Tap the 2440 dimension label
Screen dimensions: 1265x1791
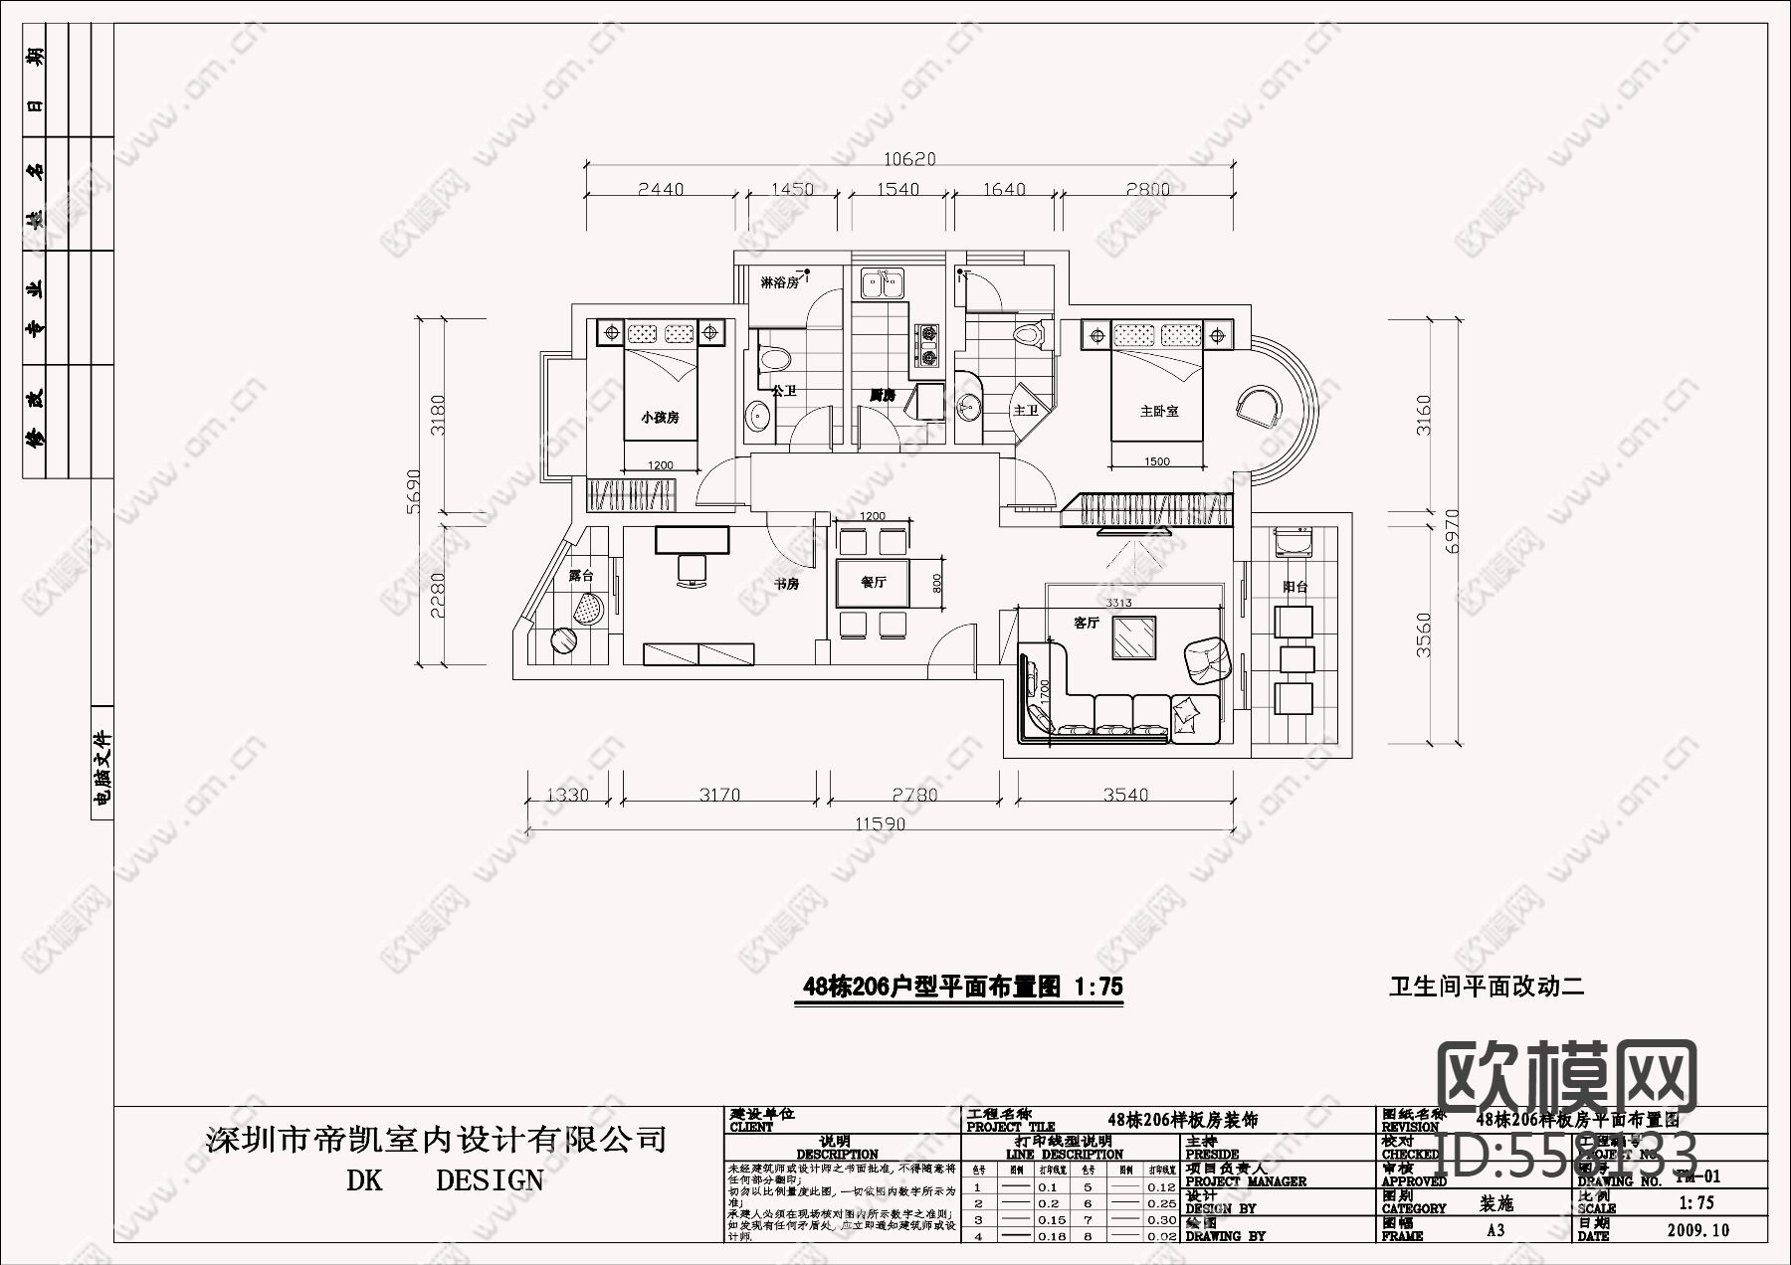click(x=661, y=189)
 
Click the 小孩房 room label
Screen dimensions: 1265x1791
click(x=660, y=418)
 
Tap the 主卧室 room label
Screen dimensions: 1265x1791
click(x=1159, y=411)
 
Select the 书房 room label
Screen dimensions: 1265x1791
click(x=786, y=584)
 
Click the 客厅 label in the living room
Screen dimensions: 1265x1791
click(x=1087, y=623)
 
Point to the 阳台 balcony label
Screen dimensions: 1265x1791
click(x=1294, y=587)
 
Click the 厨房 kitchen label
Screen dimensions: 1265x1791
click(x=882, y=395)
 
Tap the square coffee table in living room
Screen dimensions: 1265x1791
click(x=1134, y=637)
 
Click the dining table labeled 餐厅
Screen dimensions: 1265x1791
click(x=874, y=583)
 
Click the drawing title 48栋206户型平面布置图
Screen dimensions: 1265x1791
click(x=961, y=987)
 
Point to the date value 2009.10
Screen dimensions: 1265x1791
click(x=1697, y=1230)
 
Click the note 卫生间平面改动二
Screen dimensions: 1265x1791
click(x=1486, y=987)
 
